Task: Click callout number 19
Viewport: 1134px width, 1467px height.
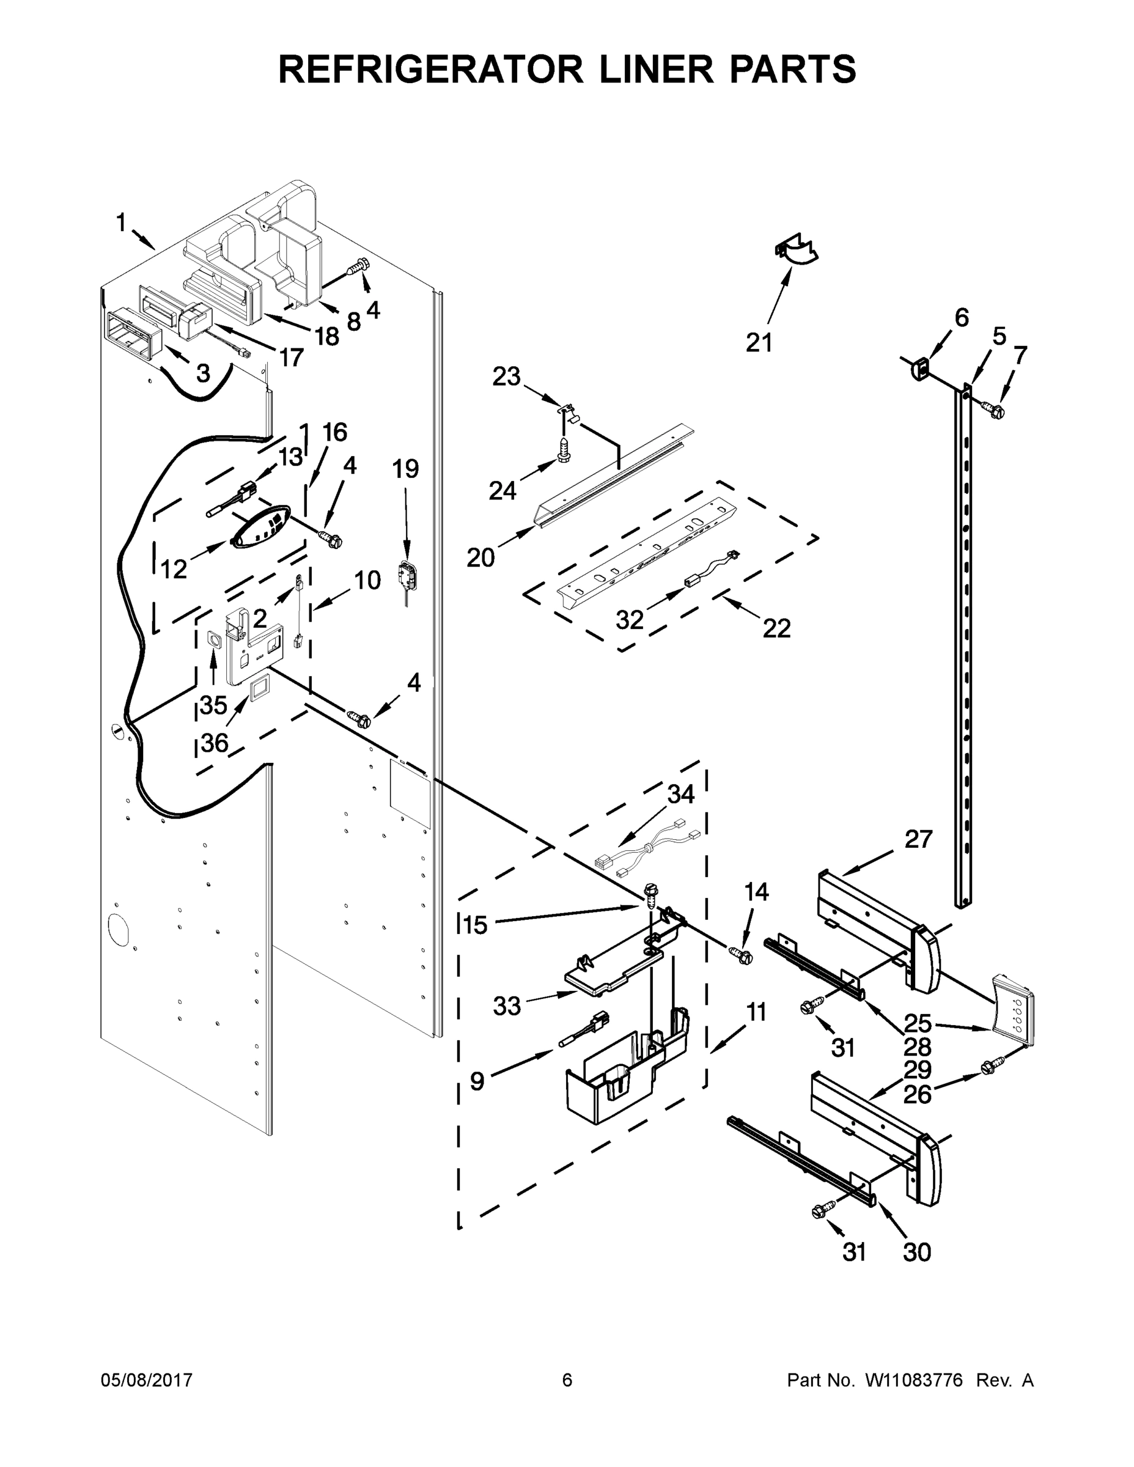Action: click(406, 468)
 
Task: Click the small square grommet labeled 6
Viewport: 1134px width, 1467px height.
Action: click(919, 367)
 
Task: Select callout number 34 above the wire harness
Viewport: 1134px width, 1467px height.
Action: click(680, 794)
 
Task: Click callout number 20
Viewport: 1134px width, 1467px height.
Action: click(480, 557)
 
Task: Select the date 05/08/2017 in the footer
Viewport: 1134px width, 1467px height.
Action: click(147, 1380)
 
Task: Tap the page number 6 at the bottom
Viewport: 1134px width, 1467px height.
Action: click(567, 1380)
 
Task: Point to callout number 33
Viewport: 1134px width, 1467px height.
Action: click(507, 1006)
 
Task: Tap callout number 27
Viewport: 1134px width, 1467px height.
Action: click(918, 839)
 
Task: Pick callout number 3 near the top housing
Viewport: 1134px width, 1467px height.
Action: click(203, 373)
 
